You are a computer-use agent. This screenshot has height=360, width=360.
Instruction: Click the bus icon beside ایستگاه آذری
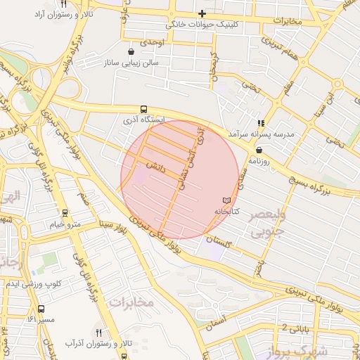(x=144, y=109)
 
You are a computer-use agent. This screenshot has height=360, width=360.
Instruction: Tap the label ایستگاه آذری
(x=144, y=120)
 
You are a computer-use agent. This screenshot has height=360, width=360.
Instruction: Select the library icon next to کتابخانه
(x=226, y=200)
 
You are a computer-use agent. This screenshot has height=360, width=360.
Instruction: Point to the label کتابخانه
(x=226, y=211)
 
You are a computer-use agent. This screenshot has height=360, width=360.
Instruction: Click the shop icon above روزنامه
(x=259, y=150)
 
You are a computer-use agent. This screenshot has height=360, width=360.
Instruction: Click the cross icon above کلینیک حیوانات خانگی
(x=202, y=13)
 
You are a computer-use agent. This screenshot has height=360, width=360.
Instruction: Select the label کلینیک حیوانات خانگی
(x=202, y=25)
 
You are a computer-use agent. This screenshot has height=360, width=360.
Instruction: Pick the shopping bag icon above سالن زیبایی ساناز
(x=131, y=51)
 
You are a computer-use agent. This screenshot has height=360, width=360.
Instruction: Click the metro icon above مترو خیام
(x=65, y=212)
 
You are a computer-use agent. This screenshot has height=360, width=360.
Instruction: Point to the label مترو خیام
(x=65, y=224)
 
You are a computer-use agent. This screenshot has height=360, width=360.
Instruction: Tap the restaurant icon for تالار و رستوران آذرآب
(x=98, y=333)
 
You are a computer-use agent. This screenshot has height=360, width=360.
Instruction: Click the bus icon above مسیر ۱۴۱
(x=41, y=309)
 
